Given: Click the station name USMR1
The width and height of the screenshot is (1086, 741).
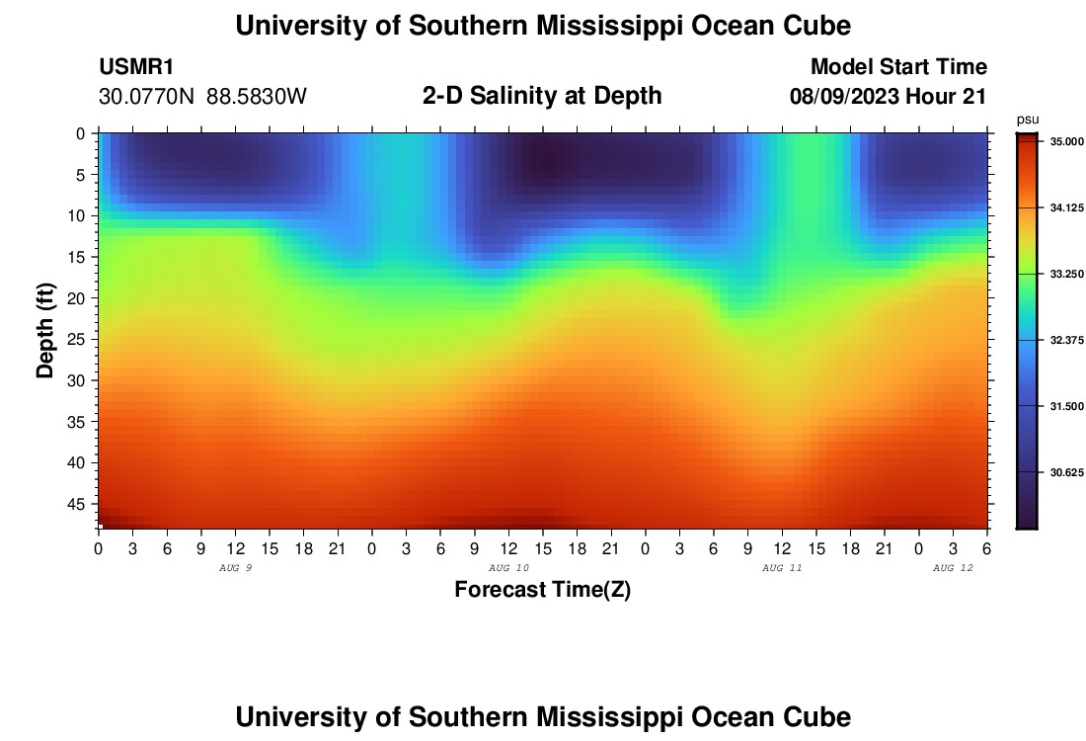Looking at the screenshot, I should [136, 67].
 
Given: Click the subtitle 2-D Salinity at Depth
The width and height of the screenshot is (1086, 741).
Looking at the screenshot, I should [542, 96].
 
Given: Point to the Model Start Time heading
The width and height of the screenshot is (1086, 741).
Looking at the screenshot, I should [898, 67].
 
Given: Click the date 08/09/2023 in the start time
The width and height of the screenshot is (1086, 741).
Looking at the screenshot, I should [841, 97].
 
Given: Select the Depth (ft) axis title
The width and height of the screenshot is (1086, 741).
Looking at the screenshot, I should [45, 330].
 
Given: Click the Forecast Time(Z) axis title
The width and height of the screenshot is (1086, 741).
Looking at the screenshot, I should [542, 590].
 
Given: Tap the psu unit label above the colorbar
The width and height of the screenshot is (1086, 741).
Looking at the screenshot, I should [1028, 120].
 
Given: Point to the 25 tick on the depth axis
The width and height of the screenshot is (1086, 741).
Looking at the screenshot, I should [80, 339].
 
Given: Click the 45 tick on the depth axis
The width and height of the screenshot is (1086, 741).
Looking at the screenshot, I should [80, 504].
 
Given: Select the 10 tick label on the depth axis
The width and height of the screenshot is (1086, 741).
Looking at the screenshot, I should [80, 215].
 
